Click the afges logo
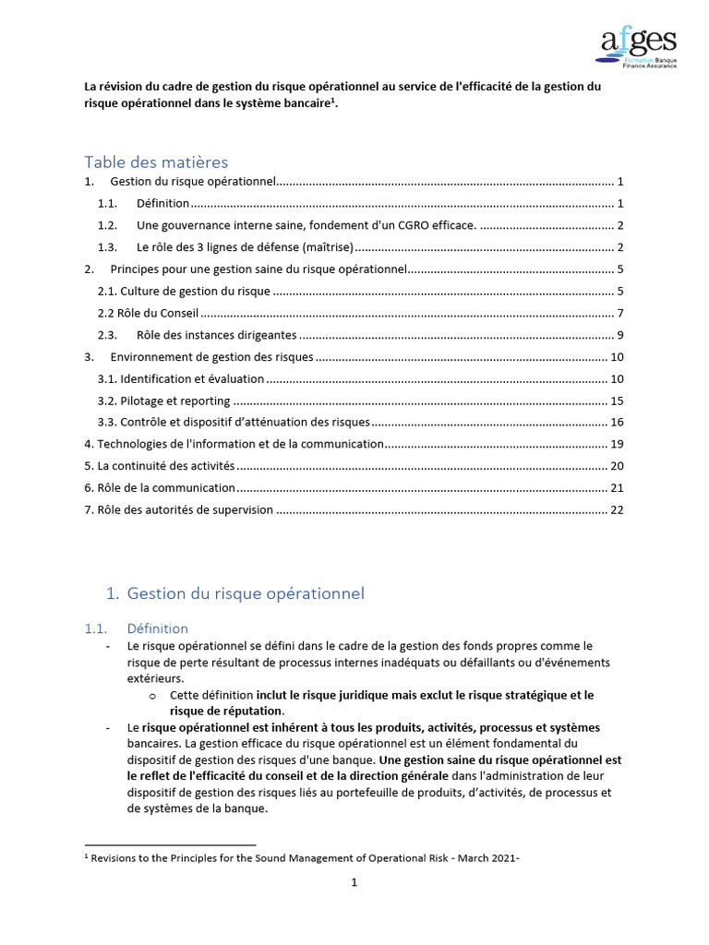638,48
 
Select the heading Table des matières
155,162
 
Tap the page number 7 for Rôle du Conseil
621,313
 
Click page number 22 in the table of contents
618,509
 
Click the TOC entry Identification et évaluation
180,378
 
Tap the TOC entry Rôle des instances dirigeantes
216,335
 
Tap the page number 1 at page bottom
354,883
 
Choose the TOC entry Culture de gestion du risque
184,291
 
